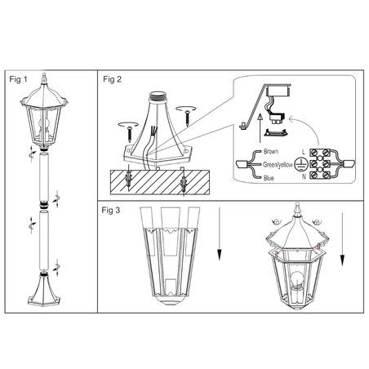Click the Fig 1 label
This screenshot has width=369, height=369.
tap(18, 79)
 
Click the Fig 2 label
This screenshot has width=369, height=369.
tap(112, 79)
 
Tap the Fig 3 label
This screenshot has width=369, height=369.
tap(111, 210)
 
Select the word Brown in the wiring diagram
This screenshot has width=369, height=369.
tap(271, 152)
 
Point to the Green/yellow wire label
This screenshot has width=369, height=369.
tap(278, 165)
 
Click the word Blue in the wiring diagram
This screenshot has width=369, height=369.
tap(269, 178)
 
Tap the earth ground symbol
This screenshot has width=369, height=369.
tap(300, 164)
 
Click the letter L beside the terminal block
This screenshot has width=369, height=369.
tap(304, 152)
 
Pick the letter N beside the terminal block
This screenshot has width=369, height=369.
tap(304, 176)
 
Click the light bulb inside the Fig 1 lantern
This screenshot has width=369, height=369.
tap(43, 123)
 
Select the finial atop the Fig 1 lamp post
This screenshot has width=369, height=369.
tap(44, 78)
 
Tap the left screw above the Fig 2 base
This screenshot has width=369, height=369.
tap(130, 133)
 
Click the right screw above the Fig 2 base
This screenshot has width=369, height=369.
tap(188, 118)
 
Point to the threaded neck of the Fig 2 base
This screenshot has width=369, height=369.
tap(158, 96)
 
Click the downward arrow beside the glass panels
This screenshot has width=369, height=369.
tap(220, 234)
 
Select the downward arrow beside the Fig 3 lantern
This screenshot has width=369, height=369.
tap(342, 239)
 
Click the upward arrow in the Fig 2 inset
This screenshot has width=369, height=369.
tap(260, 128)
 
